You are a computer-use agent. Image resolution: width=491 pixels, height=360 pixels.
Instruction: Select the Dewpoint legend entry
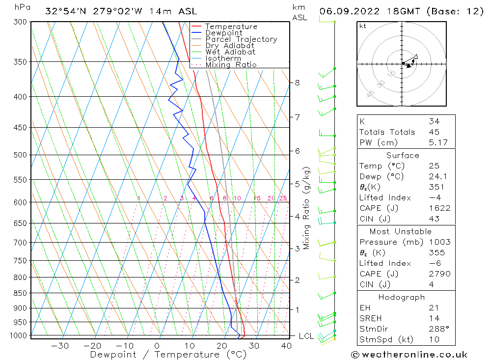(223, 33)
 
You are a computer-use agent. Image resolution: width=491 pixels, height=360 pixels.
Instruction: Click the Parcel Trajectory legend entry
(241, 39)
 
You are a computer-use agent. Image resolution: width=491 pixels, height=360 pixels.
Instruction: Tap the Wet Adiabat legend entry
(230, 52)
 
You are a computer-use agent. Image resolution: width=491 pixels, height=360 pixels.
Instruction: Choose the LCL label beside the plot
(306, 336)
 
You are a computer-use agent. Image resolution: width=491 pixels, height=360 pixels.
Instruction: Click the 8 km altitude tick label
(297, 83)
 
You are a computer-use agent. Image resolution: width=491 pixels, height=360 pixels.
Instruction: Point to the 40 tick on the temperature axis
(286, 346)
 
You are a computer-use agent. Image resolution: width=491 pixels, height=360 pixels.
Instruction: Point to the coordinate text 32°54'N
(65, 11)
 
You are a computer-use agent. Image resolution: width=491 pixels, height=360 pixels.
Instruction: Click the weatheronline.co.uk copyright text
(409, 355)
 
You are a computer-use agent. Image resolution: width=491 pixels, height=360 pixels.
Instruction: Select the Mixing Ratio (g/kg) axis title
(307, 208)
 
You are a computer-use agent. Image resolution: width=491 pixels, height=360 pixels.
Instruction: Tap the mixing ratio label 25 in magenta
(283, 198)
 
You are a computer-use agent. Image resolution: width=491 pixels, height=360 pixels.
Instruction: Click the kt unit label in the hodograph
(362, 26)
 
